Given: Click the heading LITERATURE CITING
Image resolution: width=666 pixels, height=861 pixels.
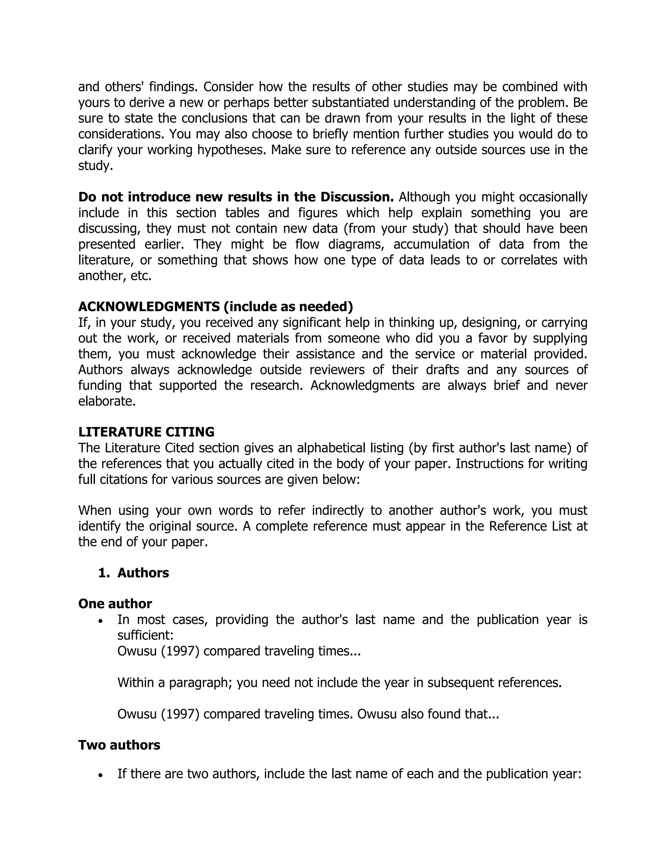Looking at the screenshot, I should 146,432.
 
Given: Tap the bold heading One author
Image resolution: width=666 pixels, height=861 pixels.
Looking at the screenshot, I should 115,604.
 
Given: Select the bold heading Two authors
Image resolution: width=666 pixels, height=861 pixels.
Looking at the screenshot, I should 119,745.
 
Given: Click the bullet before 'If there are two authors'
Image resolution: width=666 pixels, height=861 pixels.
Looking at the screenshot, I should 101,775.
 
